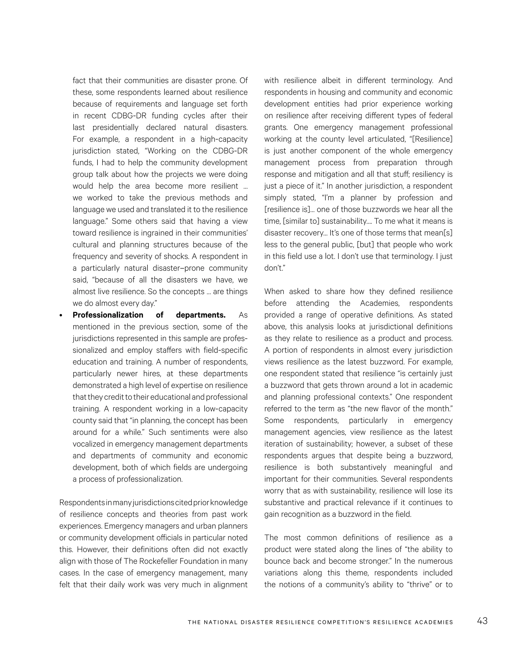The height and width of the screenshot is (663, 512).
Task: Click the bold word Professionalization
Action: pyautogui.click(x=108, y=315)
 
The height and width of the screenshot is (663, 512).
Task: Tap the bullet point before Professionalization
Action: pyautogui.click(x=61, y=316)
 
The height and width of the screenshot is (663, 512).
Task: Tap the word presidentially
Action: pyautogui.click(x=115, y=128)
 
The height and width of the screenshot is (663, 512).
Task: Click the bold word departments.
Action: pyautogui.click(x=200, y=315)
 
